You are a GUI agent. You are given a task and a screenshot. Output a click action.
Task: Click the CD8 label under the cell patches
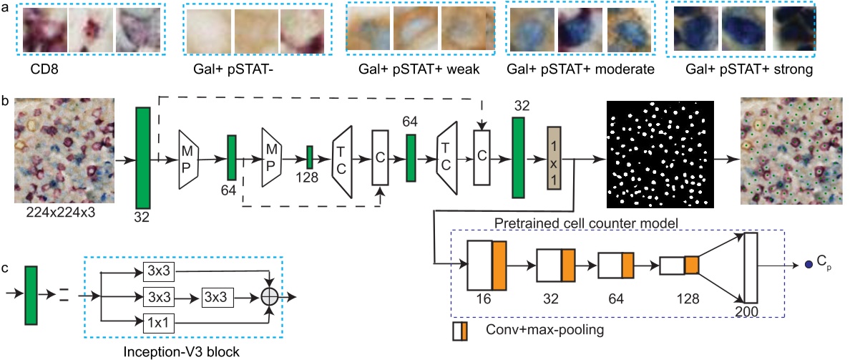point(45,71)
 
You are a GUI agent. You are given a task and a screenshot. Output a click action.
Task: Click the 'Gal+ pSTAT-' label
point(224,71)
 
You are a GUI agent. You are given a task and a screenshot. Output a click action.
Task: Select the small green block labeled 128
point(310,157)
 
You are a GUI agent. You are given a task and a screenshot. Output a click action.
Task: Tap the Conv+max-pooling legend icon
point(460,331)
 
